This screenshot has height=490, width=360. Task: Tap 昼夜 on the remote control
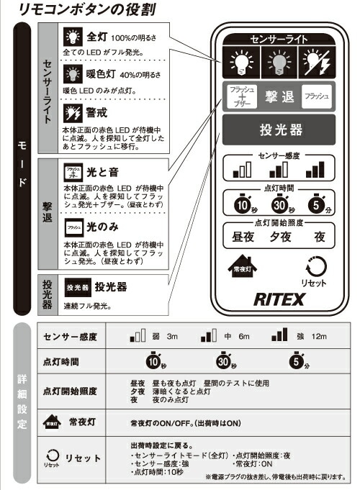[x=237, y=237]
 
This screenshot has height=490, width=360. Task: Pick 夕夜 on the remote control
[x=276, y=237]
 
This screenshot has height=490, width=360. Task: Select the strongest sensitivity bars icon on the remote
[x=315, y=171]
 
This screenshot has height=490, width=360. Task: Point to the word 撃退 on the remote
[x=277, y=96]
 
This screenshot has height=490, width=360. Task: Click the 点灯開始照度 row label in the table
[x=71, y=391]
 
